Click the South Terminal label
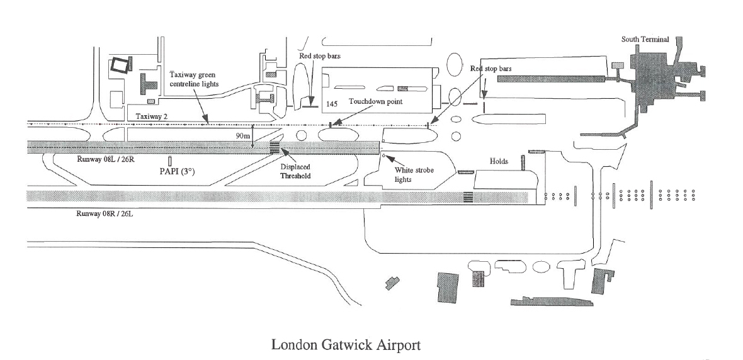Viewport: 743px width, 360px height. pyautogui.click(x=645, y=40)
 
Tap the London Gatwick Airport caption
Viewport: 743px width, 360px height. pyautogui.click(x=345, y=345)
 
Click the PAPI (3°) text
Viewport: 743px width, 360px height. pyautogui.click(x=171, y=171)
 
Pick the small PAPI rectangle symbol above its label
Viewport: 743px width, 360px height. pyautogui.click(x=170, y=161)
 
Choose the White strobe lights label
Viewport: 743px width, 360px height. pyautogui.click(x=411, y=174)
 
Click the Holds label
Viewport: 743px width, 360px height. pyautogui.click(x=499, y=162)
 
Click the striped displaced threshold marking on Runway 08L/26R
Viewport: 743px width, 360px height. pyautogui.click(x=275, y=147)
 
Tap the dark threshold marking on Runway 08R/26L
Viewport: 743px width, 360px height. pyautogui.click(x=468, y=196)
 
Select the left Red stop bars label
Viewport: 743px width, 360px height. pyautogui.click(x=320, y=56)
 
